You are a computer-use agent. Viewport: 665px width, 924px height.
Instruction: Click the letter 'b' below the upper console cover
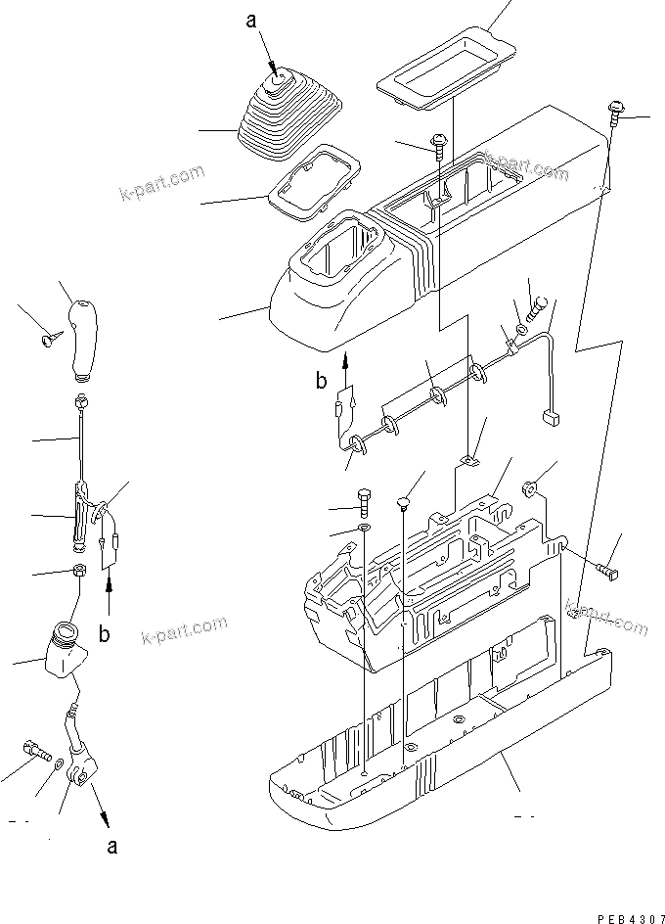click(322, 380)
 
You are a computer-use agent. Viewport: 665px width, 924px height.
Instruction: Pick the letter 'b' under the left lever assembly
click(105, 631)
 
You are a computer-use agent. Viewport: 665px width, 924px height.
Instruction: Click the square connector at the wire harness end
click(549, 418)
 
